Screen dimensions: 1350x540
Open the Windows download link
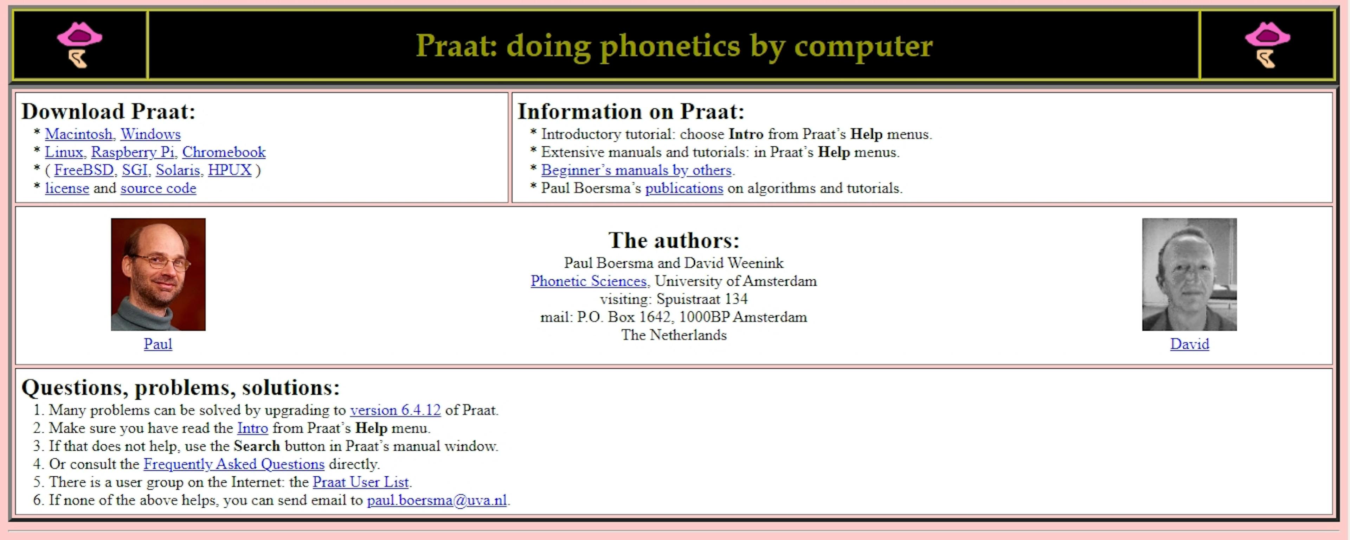click(151, 134)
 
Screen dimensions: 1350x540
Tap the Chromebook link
click(224, 152)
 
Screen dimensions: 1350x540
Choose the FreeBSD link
click(84, 170)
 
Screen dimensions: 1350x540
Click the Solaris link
click(178, 170)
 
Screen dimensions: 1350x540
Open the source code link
click(158, 188)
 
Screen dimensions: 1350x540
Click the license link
click(67, 188)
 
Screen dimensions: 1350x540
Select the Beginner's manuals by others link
click(636, 170)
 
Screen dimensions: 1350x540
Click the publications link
click(684, 188)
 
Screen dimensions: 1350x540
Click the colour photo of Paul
click(158, 274)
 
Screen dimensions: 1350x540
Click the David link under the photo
click(1190, 344)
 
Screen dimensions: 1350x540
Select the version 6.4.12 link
click(395, 410)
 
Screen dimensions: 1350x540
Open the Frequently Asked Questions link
click(234, 464)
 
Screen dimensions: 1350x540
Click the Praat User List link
click(361, 482)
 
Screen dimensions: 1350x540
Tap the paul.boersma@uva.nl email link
click(437, 500)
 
